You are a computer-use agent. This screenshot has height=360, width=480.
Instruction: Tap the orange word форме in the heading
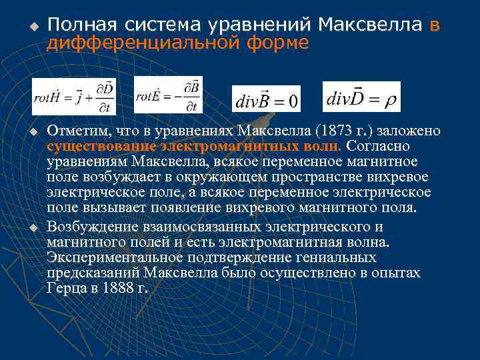pyautogui.click(x=281, y=43)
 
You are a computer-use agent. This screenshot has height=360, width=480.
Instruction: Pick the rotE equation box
pyautogui.click(x=169, y=95)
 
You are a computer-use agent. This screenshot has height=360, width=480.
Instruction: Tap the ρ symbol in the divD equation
pyautogui.click(x=390, y=100)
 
